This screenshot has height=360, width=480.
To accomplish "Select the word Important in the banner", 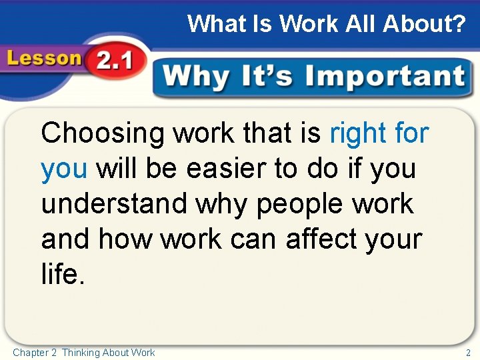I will (x=385, y=77).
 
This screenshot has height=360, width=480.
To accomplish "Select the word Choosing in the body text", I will (x=102, y=134).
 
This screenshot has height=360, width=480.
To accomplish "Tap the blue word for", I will (x=411, y=134).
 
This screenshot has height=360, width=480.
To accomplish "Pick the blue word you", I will (x=64, y=169).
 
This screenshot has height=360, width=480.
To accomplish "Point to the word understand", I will (x=114, y=204).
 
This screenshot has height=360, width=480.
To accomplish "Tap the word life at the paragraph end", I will (x=61, y=274).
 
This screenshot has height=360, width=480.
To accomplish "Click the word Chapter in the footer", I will (x=30, y=353).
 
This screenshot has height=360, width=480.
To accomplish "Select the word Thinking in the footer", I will (x=83, y=353).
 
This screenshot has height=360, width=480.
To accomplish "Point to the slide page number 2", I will (x=468, y=353).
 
